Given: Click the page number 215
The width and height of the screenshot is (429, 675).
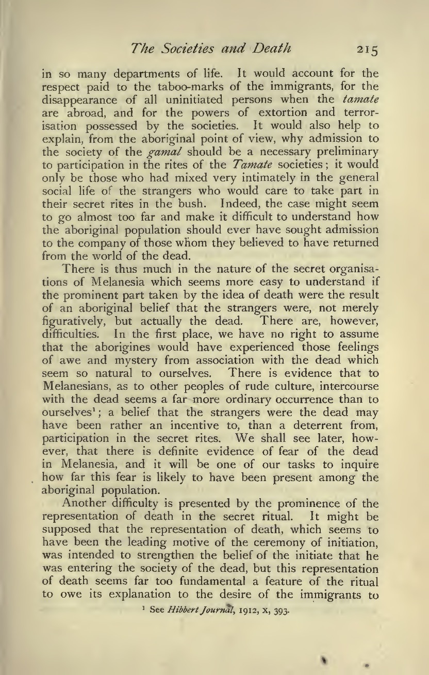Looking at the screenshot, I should tap(365, 50).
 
